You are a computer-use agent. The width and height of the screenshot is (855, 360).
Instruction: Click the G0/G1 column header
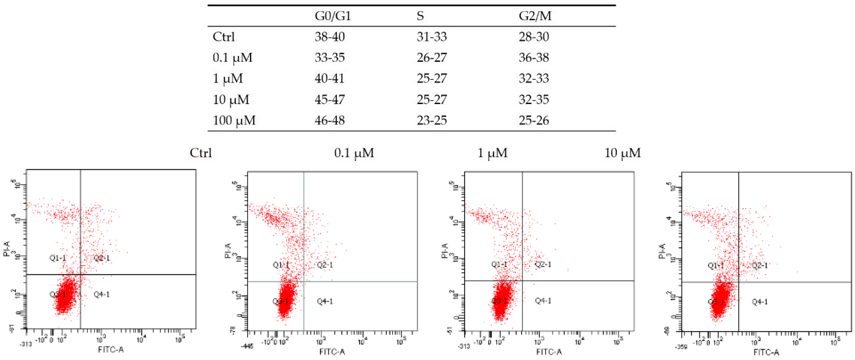pos(333,16)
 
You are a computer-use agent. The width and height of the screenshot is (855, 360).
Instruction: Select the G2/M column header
pos(535,16)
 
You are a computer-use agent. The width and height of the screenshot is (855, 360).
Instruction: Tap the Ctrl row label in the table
pos(224,37)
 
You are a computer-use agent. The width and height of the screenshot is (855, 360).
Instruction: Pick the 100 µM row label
pos(234,121)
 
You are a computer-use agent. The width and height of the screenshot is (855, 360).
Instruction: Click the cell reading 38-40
pos(330,37)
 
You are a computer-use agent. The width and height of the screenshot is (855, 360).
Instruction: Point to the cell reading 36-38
pos(534,58)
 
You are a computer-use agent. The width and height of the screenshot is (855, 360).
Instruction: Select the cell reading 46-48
pos(330,121)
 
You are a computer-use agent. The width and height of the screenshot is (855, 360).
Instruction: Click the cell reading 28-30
pos(534,37)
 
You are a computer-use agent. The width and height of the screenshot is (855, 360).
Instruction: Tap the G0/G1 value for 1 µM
pos(330,79)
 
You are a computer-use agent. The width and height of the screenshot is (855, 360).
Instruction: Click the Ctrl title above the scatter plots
pos(200,153)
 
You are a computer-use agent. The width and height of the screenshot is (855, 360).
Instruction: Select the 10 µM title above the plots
pos(622,153)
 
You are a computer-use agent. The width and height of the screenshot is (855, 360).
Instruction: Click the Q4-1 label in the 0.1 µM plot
pos(325,301)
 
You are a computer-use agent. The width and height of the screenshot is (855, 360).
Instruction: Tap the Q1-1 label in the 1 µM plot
pos(499,264)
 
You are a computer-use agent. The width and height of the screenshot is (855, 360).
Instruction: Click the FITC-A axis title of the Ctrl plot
pos(111,349)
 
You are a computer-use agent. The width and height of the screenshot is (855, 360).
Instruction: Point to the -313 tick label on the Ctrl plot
pos(26,344)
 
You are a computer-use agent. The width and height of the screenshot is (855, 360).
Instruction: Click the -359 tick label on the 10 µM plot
pos(681,347)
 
